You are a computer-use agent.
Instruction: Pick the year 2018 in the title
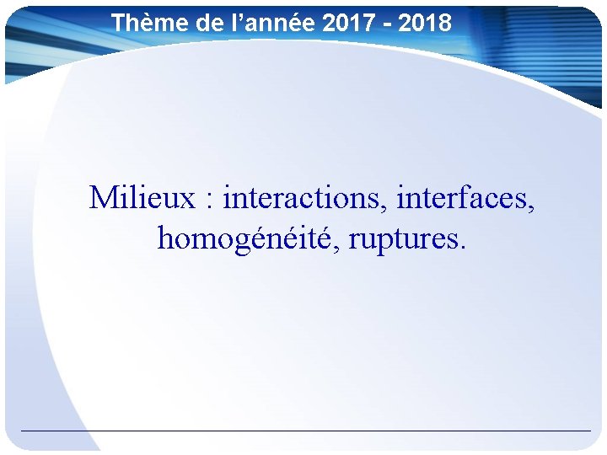[x=426, y=23]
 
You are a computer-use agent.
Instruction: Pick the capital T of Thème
[x=119, y=23]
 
